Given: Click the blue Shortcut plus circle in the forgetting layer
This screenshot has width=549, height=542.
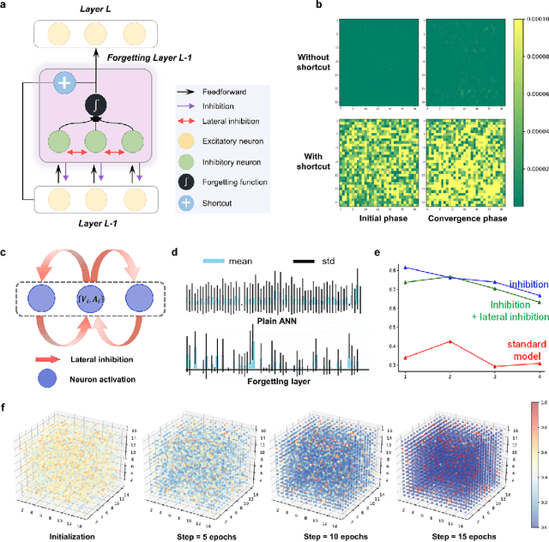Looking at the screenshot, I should click(66, 83).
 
